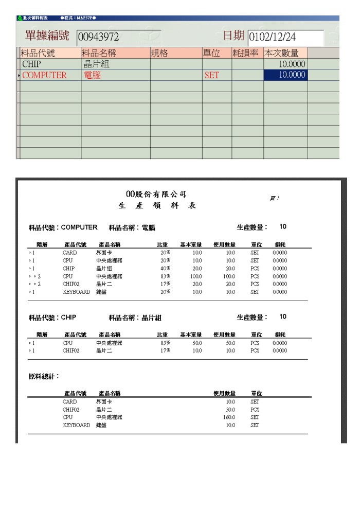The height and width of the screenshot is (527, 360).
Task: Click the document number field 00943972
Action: click(118, 37)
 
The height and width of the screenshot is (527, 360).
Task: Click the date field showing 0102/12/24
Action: click(285, 37)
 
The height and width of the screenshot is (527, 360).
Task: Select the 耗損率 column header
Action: click(247, 53)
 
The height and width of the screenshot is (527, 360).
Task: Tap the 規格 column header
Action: click(176, 53)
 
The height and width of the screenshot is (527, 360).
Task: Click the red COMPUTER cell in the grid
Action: click(45, 75)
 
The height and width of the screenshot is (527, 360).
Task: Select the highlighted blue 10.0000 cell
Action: click(285, 75)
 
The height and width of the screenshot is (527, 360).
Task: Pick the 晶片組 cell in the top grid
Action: click(97, 64)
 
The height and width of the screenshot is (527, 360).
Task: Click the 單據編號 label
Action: click(47, 36)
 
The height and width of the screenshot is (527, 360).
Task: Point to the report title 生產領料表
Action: click(157, 206)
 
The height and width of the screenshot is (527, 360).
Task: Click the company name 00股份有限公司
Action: click(156, 195)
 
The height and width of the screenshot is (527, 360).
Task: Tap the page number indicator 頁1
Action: click(275, 198)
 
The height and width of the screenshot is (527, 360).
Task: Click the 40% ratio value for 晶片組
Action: click(165, 268)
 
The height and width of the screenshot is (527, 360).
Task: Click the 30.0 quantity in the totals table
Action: click(230, 410)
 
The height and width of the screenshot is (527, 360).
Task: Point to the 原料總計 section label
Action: click(44, 377)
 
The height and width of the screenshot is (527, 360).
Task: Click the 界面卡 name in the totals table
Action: click(104, 402)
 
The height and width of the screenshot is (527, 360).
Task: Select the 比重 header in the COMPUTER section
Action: click(163, 245)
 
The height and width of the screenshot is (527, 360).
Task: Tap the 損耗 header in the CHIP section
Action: click(280, 335)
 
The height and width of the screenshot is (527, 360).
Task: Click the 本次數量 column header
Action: click(285, 53)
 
